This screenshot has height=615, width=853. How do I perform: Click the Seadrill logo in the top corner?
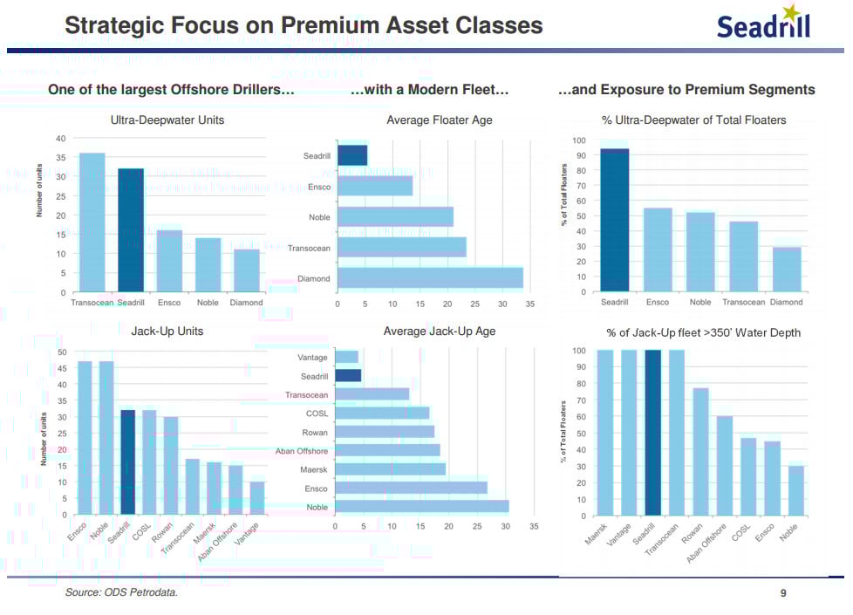(x=763, y=24)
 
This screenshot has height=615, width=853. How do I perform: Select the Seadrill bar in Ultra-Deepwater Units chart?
(x=131, y=230)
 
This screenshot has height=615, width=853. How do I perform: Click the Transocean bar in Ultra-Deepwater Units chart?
(x=92, y=222)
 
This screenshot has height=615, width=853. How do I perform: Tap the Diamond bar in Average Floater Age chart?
(x=430, y=278)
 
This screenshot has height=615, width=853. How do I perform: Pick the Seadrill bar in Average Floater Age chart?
(x=352, y=155)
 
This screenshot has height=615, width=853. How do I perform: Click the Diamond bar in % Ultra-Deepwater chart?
(x=787, y=270)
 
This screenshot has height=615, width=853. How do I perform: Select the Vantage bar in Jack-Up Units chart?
(x=257, y=498)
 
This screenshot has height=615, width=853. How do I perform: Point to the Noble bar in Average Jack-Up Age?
(x=422, y=507)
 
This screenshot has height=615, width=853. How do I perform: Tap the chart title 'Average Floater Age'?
(x=440, y=120)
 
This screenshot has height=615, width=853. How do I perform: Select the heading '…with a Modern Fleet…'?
(x=429, y=90)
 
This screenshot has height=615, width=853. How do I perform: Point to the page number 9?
(x=783, y=593)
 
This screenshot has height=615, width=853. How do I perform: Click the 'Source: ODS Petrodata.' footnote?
(x=121, y=593)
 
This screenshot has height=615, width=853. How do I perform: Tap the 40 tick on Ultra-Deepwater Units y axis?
(x=61, y=139)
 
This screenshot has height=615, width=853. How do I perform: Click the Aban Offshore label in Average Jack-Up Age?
(x=302, y=451)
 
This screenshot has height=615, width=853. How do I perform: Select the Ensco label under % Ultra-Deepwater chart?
(x=658, y=302)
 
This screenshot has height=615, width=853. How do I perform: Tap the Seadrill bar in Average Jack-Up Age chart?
(x=348, y=376)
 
